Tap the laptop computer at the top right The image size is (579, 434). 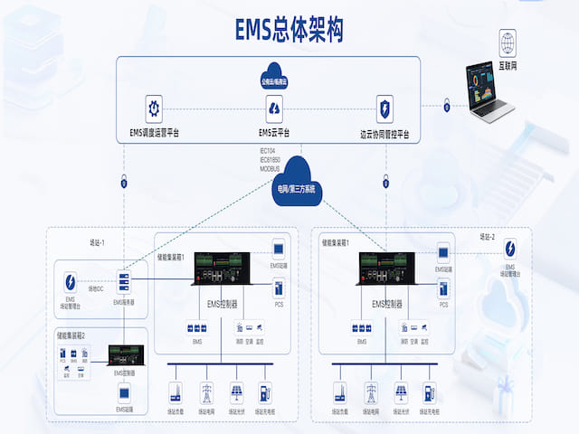pos(488,90)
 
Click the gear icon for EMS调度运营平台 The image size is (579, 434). pos(154,106)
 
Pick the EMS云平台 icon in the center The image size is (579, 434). pos(275,108)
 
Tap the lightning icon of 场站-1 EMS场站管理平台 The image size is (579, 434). pos(70,278)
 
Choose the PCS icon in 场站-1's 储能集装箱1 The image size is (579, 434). pos(279,288)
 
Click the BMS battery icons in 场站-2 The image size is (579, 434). pos(361,327)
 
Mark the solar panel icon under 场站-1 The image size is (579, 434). pos(235,393)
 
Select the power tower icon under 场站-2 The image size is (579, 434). pos(371,393)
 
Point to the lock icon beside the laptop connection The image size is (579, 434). pos(446,108)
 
